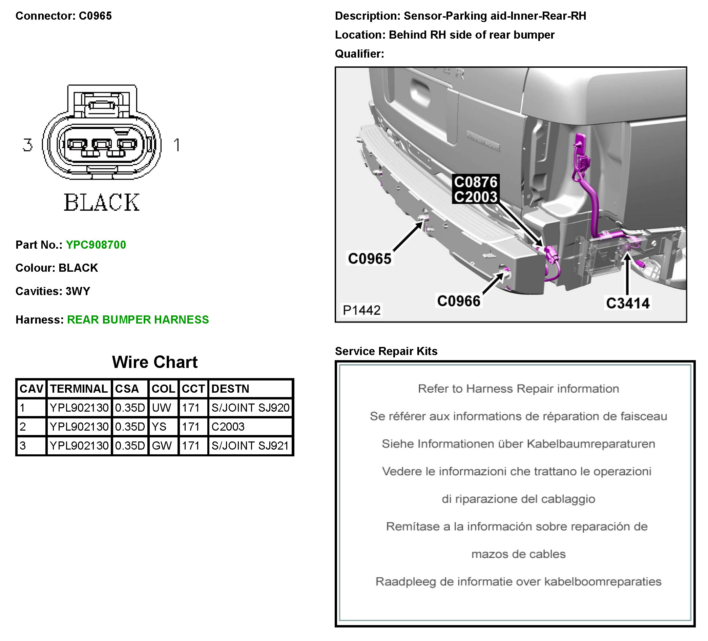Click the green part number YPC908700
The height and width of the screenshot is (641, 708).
tap(96, 245)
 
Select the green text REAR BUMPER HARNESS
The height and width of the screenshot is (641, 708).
tap(138, 319)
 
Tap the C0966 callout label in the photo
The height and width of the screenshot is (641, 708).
tap(458, 301)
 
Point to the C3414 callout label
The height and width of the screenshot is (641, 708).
tap(628, 303)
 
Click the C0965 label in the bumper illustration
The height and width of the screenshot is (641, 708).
tap(370, 259)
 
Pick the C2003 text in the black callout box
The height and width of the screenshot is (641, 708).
tap(476, 197)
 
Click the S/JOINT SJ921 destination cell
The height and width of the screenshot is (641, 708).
tap(250, 446)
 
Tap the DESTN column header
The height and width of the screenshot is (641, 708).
tap(230, 389)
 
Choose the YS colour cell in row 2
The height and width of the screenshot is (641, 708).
tap(159, 427)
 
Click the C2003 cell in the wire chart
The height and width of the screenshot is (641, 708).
tap(228, 427)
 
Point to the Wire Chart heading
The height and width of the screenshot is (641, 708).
tap(154, 362)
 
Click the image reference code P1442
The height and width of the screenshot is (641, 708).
tap(361, 310)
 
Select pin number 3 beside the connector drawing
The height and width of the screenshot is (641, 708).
tap(28, 145)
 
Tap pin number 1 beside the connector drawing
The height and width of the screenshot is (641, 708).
tap(177, 145)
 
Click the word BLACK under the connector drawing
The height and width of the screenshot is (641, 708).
tap(102, 203)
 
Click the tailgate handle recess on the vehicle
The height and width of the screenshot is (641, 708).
tap(420, 92)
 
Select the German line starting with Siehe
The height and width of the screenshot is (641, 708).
tap(518, 444)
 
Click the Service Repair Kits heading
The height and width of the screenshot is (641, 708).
tap(386, 351)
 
